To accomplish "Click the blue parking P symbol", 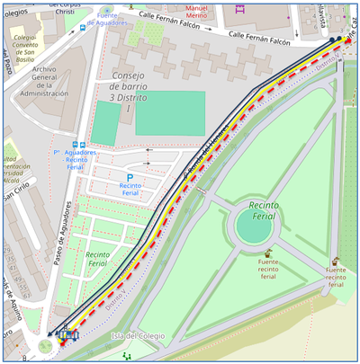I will point(130,178).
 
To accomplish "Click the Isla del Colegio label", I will point(139,335).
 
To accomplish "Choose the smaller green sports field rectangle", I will point(105,123).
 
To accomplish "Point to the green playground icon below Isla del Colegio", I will point(126,355).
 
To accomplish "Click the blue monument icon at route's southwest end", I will point(66,337).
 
